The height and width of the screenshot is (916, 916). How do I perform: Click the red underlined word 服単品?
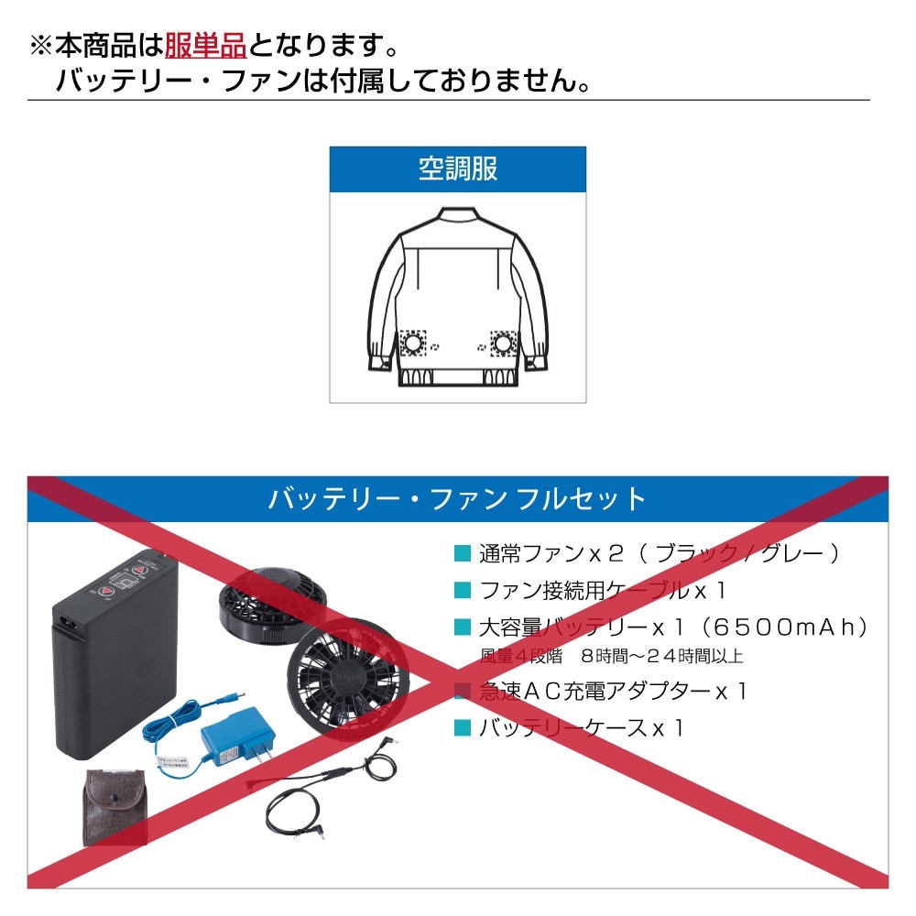click(x=205, y=46)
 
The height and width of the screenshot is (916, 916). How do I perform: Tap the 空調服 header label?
click(x=458, y=169)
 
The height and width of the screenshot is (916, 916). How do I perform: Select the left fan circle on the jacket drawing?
click(x=412, y=343)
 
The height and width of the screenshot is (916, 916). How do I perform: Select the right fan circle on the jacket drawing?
click(x=503, y=343)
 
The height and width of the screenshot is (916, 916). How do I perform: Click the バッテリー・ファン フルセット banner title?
click(x=457, y=499)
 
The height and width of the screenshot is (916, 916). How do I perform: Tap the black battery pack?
click(x=115, y=653)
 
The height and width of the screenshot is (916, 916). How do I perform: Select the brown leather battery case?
click(x=114, y=807)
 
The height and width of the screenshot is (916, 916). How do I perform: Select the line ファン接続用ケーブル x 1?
click(x=603, y=590)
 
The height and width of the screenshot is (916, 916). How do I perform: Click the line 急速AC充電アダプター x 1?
click(x=613, y=691)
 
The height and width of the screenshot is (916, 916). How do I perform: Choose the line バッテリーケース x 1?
click(x=582, y=728)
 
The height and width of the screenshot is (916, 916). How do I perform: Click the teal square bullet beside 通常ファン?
click(x=463, y=553)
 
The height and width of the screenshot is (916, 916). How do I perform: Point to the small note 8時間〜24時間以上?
click(x=662, y=656)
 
